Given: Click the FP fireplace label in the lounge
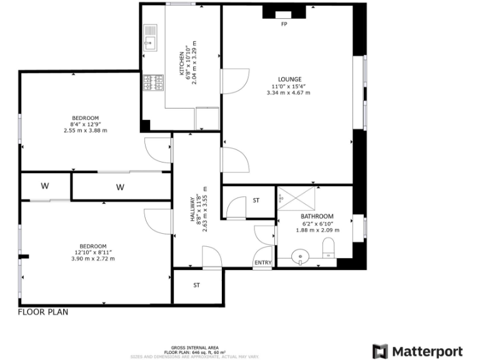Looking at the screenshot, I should point(284,24).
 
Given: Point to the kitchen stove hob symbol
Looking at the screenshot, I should point(154,82).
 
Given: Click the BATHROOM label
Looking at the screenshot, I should point(317,216).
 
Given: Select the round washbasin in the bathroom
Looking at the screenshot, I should point(299,256).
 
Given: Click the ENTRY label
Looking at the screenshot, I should point(263,262).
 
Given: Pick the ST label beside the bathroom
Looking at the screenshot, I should point(256,201).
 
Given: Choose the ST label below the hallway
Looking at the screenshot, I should point(196,285).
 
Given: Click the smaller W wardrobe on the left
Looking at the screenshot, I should point(45,186).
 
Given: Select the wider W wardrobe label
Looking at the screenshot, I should point(120,187).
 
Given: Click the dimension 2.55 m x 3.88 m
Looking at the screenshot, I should point(85,131).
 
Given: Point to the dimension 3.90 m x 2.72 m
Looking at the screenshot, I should point(92,259).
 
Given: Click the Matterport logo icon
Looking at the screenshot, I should point(380,351).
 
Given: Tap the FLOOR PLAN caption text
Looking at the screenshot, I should point(43,311).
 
